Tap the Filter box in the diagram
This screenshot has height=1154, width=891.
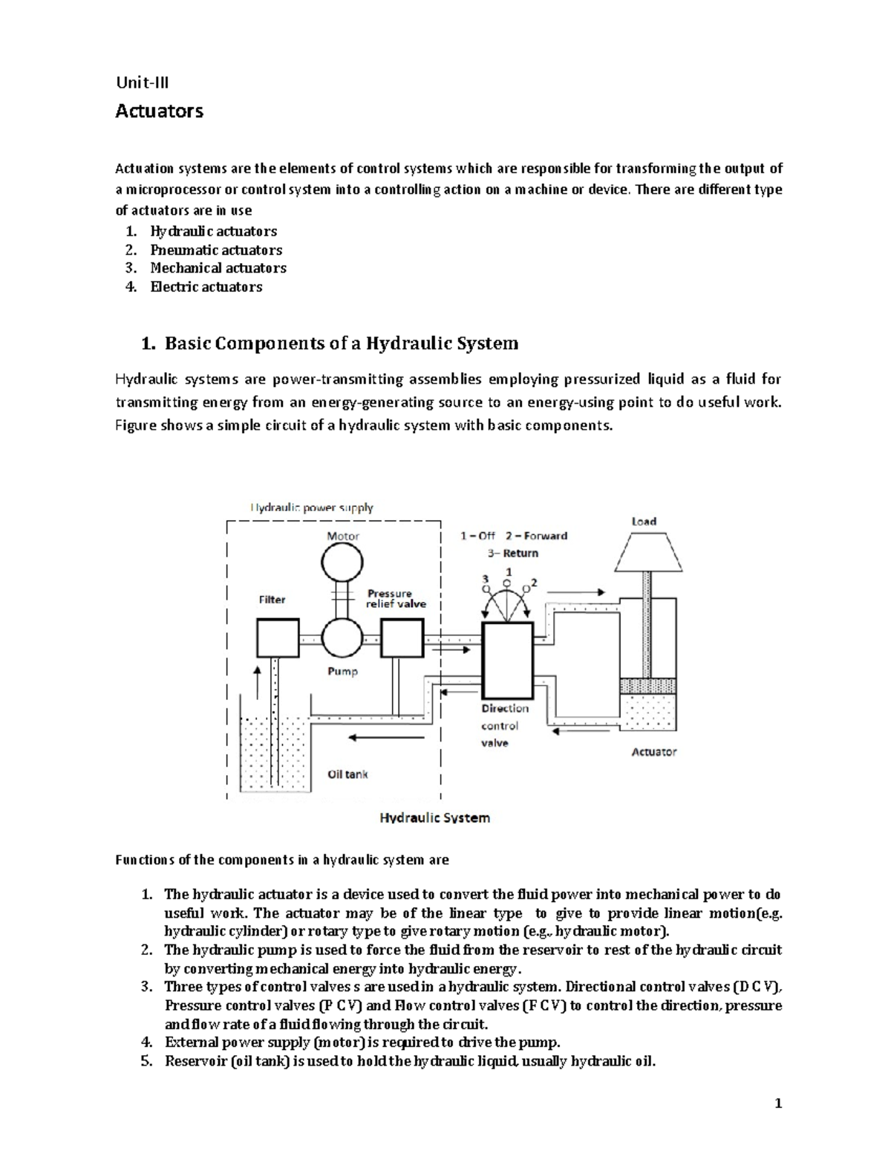click(277, 638)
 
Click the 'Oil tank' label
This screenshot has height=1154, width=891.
click(347, 774)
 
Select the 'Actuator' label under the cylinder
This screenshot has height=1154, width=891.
click(653, 751)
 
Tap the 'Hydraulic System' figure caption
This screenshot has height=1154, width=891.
click(434, 817)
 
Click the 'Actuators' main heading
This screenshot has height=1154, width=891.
click(159, 111)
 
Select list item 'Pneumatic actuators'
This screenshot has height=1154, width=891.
click(216, 250)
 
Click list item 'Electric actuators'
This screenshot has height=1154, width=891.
click(206, 287)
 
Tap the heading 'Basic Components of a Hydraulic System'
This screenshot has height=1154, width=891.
click(341, 343)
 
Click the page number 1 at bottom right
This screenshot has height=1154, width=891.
click(777, 1103)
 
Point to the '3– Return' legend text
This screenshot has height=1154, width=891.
click(512, 553)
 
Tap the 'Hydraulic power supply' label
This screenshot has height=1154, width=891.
click(311, 508)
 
